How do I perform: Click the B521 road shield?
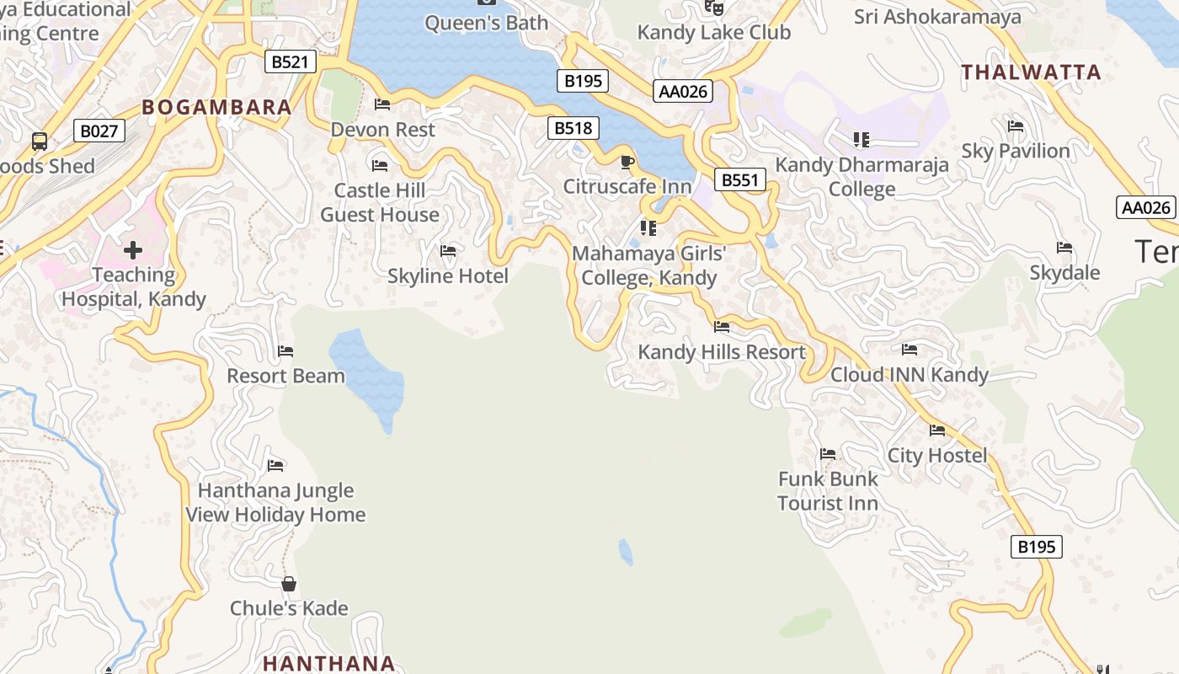(x=291, y=62)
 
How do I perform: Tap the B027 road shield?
(x=99, y=131)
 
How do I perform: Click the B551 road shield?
(x=740, y=179)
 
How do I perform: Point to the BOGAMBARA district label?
(x=216, y=107)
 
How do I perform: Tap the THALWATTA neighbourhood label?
(x=1031, y=72)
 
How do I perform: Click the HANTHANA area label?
(x=328, y=663)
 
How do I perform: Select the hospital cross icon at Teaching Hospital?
(x=133, y=250)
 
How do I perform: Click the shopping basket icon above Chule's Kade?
(x=289, y=584)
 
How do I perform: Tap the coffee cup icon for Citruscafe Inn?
(x=627, y=162)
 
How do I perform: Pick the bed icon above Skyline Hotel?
(x=448, y=251)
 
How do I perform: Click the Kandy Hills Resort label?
(x=722, y=352)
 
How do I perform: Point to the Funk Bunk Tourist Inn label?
(x=827, y=490)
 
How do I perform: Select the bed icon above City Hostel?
(x=937, y=431)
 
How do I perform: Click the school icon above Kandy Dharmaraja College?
(x=861, y=139)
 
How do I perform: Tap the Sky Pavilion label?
(x=1016, y=151)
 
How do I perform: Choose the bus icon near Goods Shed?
(x=40, y=141)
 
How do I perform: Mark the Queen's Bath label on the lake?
(x=486, y=23)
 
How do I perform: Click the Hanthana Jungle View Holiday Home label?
(x=275, y=502)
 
